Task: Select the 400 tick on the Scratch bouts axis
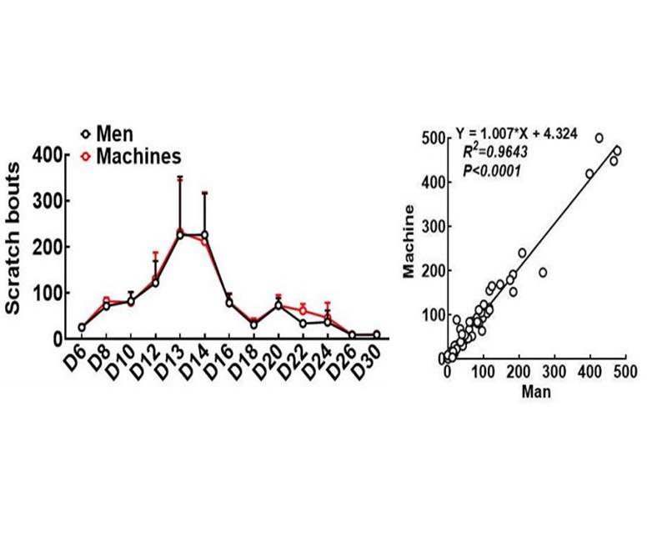pyautogui.click(x=48, y=155)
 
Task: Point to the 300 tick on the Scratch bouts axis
pyautogui.click(x=48, y=201)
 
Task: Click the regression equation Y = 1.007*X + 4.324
pyautogui.click(x=516, y=133)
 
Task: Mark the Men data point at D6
pyautogui.click(x=81, y=328)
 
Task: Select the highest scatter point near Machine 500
pyautogui.click(x=599, y=138)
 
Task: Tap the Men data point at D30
pyautogui.click(x=377, y=335)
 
